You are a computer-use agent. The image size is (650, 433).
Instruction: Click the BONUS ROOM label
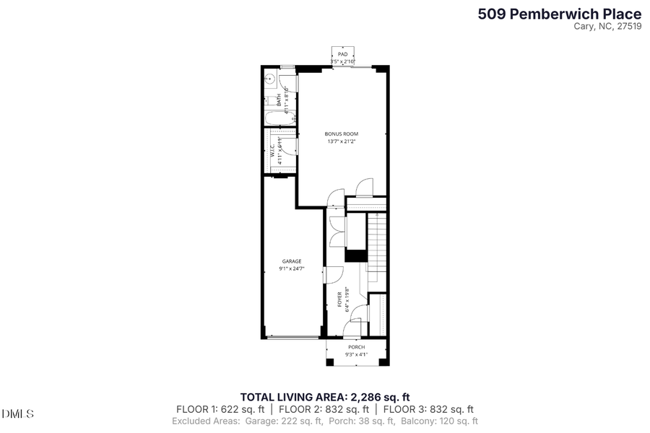tap(342, 134)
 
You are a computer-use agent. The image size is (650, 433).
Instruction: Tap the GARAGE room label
tap(292, 261)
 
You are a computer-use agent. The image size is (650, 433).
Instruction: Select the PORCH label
tap(357, 347)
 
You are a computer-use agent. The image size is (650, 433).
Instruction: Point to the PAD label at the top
tap(342, 54)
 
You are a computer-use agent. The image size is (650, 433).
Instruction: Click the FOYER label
tap(339, 299)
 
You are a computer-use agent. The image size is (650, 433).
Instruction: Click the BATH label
tap(278, 102)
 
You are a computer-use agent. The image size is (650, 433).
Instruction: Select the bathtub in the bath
tap(279, 119)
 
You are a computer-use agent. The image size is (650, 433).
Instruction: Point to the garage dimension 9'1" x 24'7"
tap(292, 269)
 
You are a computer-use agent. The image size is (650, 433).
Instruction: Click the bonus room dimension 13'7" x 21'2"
tap(342, 141)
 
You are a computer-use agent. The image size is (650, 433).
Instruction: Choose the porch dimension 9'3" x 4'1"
tap(357, 354)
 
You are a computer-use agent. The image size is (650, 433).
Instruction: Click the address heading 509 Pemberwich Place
tap(559, 13)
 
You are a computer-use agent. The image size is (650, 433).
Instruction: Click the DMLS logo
tap(18, 414)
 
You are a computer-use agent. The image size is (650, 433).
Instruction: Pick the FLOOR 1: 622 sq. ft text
tap(221, 408)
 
